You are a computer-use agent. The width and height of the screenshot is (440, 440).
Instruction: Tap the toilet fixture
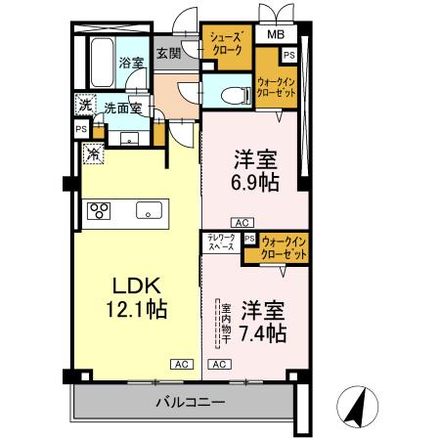click(230, 95)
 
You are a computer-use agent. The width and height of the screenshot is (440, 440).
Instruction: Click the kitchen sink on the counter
click(149, 209)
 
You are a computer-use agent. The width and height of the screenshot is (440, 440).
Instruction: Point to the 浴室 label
click(132, 64)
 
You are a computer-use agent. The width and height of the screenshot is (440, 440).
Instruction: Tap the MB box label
click(278, 36)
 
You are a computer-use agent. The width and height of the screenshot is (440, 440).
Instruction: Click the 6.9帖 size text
click(252, 182)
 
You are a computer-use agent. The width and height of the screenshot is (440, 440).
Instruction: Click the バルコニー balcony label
click(190, 403)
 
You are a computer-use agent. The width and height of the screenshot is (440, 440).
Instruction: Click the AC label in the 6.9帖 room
click(243, 222)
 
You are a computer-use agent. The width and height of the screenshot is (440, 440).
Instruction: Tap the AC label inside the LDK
click(180, 364)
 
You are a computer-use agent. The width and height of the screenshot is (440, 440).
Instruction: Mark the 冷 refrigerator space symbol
click(92, 153)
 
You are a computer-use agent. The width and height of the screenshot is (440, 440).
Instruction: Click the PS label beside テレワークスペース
click(249, 238)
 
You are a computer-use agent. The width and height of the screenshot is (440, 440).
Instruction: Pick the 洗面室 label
click(122, 110)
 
